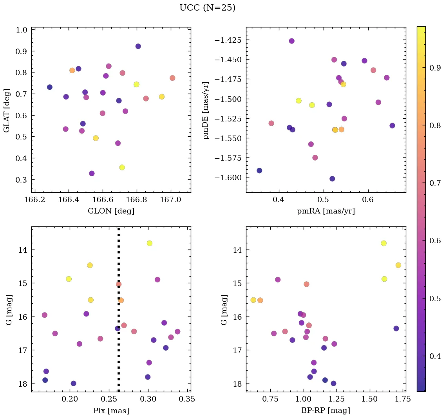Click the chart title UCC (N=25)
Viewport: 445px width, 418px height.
[207, 8]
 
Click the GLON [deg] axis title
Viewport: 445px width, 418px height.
[111, 211]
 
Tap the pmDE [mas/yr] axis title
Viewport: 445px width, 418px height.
[206, 110]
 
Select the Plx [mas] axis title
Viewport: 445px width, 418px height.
[111, 411]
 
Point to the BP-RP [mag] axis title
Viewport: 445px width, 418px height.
[326, 411]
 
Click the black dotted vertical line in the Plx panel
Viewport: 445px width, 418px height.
[118, 353]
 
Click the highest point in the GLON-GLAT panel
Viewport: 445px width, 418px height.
[138, 46]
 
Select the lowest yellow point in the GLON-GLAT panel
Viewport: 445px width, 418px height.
[122, 167]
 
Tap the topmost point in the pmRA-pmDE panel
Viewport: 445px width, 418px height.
[291, 41]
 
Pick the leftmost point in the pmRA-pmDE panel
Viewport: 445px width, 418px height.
[259, 170]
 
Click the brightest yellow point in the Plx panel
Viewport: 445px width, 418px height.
[149, 243]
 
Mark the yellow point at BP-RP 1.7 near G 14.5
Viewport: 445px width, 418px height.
[398, 265]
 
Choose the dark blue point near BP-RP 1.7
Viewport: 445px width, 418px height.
[396, 328]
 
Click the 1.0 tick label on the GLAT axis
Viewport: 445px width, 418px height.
[21, 30]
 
